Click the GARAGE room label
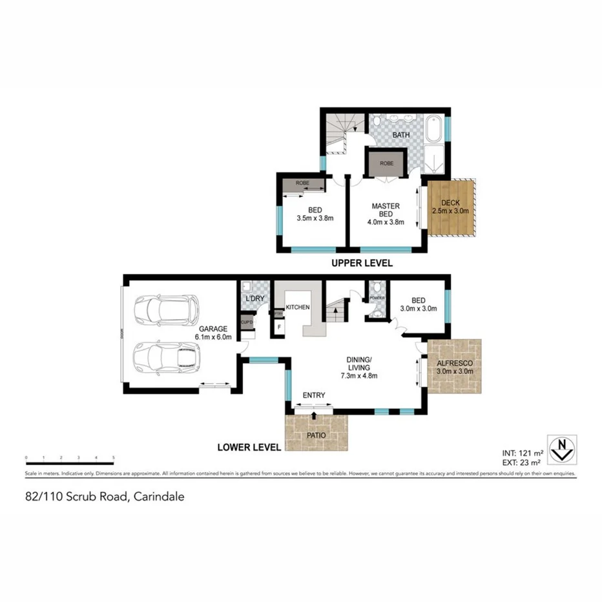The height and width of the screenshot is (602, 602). pyautogui.click(x=212, y=328)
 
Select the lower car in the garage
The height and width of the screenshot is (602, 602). pyautogui.click(x=167, y=357)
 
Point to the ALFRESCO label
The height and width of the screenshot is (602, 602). pyautogui.click(x=455, y=364)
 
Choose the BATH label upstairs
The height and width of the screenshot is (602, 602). pyautogui.click(x=402, y=135)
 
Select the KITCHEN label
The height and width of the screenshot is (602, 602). pyautogui.click(x=298, y=307)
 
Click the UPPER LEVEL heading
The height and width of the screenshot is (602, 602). pyautogui.click(x=362, y=264)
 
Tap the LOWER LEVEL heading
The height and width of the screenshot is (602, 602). pyautogui.click(x=249, y=446)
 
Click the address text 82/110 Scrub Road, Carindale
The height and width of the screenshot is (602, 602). pyautogui.click(x=105, y=497)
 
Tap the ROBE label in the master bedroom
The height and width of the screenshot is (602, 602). pyautogui.click(x=386, y=163)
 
